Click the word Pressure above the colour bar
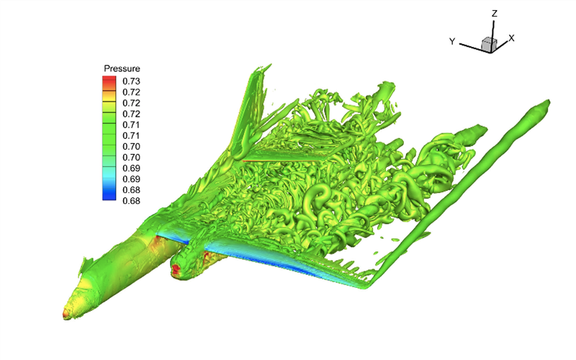tap(122, 68)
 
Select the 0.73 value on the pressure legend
tap(131, 81)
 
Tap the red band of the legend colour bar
tap(109, 81)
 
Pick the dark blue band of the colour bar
tap(109, 194)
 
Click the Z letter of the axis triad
tap(495, 14)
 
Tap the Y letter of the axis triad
tap(452, 42)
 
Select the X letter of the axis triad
tap(511, 38)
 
